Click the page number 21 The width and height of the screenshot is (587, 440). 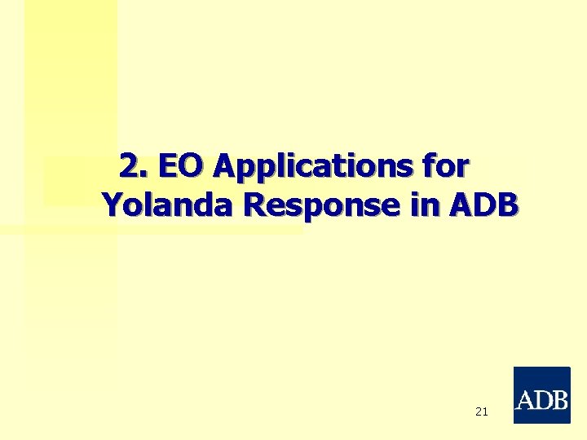click(481, 412)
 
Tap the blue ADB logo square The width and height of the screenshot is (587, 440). click(541, 395)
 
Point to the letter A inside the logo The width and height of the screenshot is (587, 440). click(526, 400)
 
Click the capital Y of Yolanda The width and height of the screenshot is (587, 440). click(113, 206)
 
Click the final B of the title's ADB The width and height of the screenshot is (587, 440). click(506, 206)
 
